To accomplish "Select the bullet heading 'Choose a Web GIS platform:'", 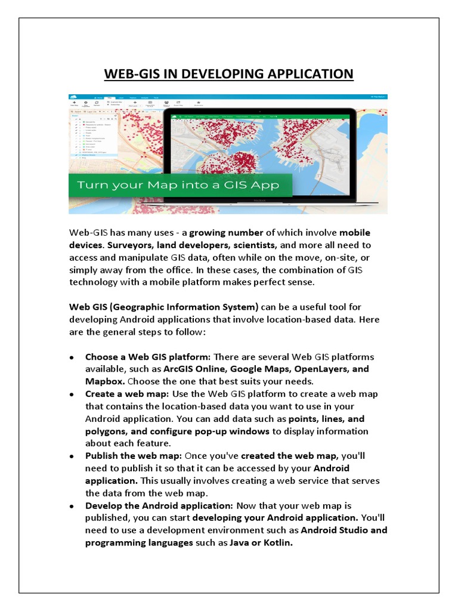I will (x=147, y=357).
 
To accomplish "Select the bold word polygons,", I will (x=106, y=431).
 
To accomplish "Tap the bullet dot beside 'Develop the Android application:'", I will (x=71, y=506).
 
